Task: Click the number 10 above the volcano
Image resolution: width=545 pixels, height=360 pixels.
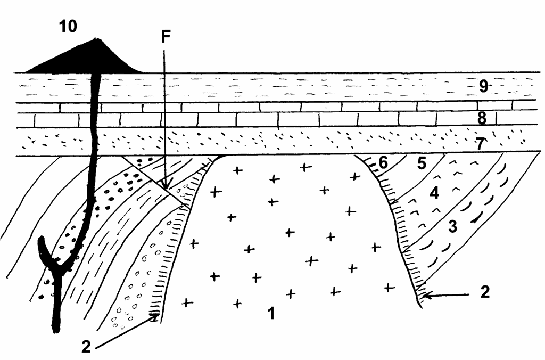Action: (68, 26)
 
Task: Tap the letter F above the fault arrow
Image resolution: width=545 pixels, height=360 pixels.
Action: (166, 37)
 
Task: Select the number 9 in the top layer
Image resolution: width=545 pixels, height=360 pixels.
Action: (483, 86)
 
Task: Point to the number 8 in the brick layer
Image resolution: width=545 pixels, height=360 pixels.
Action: (482, 119)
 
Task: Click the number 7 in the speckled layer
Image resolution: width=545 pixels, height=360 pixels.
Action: (481, 144)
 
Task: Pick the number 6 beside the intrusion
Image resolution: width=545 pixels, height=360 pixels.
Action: (383, 163)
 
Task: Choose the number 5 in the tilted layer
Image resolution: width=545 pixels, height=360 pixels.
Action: (422, 163)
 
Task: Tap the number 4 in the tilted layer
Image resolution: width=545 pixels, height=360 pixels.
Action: (434, 193)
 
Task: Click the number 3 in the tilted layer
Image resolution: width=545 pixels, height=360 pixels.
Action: (452, 227)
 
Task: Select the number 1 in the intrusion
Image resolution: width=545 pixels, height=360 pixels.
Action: (271, 313)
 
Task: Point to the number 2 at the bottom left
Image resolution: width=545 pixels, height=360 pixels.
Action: (86, 347)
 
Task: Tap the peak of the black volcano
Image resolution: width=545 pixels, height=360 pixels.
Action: (95, 38)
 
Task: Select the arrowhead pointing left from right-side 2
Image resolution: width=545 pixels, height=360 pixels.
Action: (427, 296)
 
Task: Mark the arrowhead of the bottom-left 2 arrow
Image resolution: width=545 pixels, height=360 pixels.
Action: (155, 316)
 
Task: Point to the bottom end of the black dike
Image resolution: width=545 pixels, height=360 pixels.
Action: (55, 330)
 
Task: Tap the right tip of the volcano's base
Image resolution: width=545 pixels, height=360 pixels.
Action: (142, 72)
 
